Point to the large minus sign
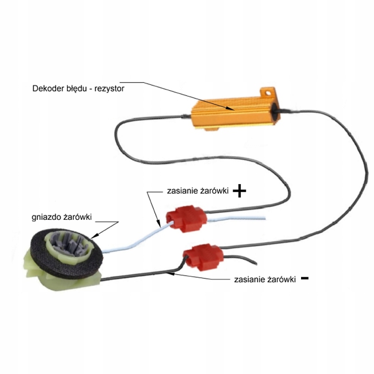pos(305,278)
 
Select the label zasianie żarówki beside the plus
pos(197,192)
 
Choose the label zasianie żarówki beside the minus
pos(264,279)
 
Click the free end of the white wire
pos(264,218)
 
